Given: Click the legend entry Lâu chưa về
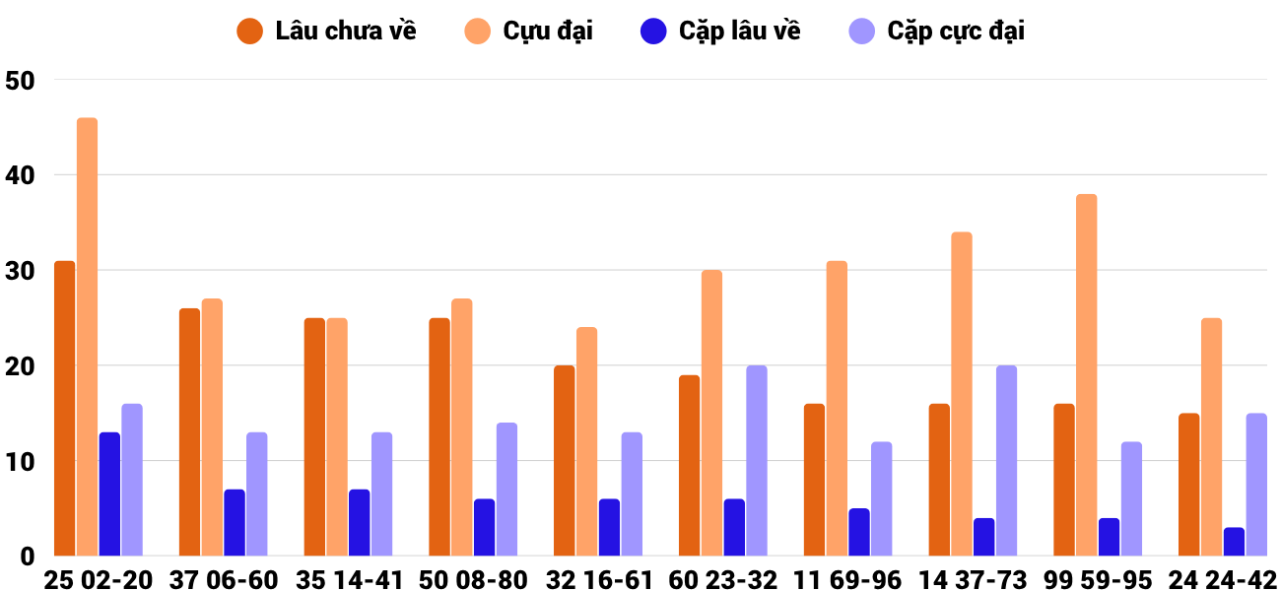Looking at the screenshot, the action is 326,31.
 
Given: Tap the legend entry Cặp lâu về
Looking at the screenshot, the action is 720,31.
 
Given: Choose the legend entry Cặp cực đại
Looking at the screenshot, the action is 937,31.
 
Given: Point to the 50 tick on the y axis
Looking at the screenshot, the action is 20,81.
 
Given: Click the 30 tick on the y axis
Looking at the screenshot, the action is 20,271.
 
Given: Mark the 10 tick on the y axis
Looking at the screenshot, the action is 20,461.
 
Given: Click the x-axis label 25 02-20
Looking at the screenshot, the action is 99,579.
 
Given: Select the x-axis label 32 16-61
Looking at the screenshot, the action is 598,579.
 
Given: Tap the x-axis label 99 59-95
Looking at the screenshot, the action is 1098,579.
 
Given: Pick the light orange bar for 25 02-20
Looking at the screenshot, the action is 87,337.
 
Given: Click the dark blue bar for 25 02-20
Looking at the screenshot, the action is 109,493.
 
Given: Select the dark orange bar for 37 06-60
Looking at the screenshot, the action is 189,432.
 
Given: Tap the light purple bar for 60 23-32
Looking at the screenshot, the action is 757,461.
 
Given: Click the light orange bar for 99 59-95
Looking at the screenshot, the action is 1087,375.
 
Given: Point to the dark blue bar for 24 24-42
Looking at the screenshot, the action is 1234,542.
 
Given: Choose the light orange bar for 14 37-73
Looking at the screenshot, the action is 962,394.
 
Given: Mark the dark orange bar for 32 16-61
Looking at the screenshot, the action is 565,461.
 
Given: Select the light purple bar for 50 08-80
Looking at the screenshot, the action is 506,490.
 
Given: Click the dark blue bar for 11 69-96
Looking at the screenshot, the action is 859,532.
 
